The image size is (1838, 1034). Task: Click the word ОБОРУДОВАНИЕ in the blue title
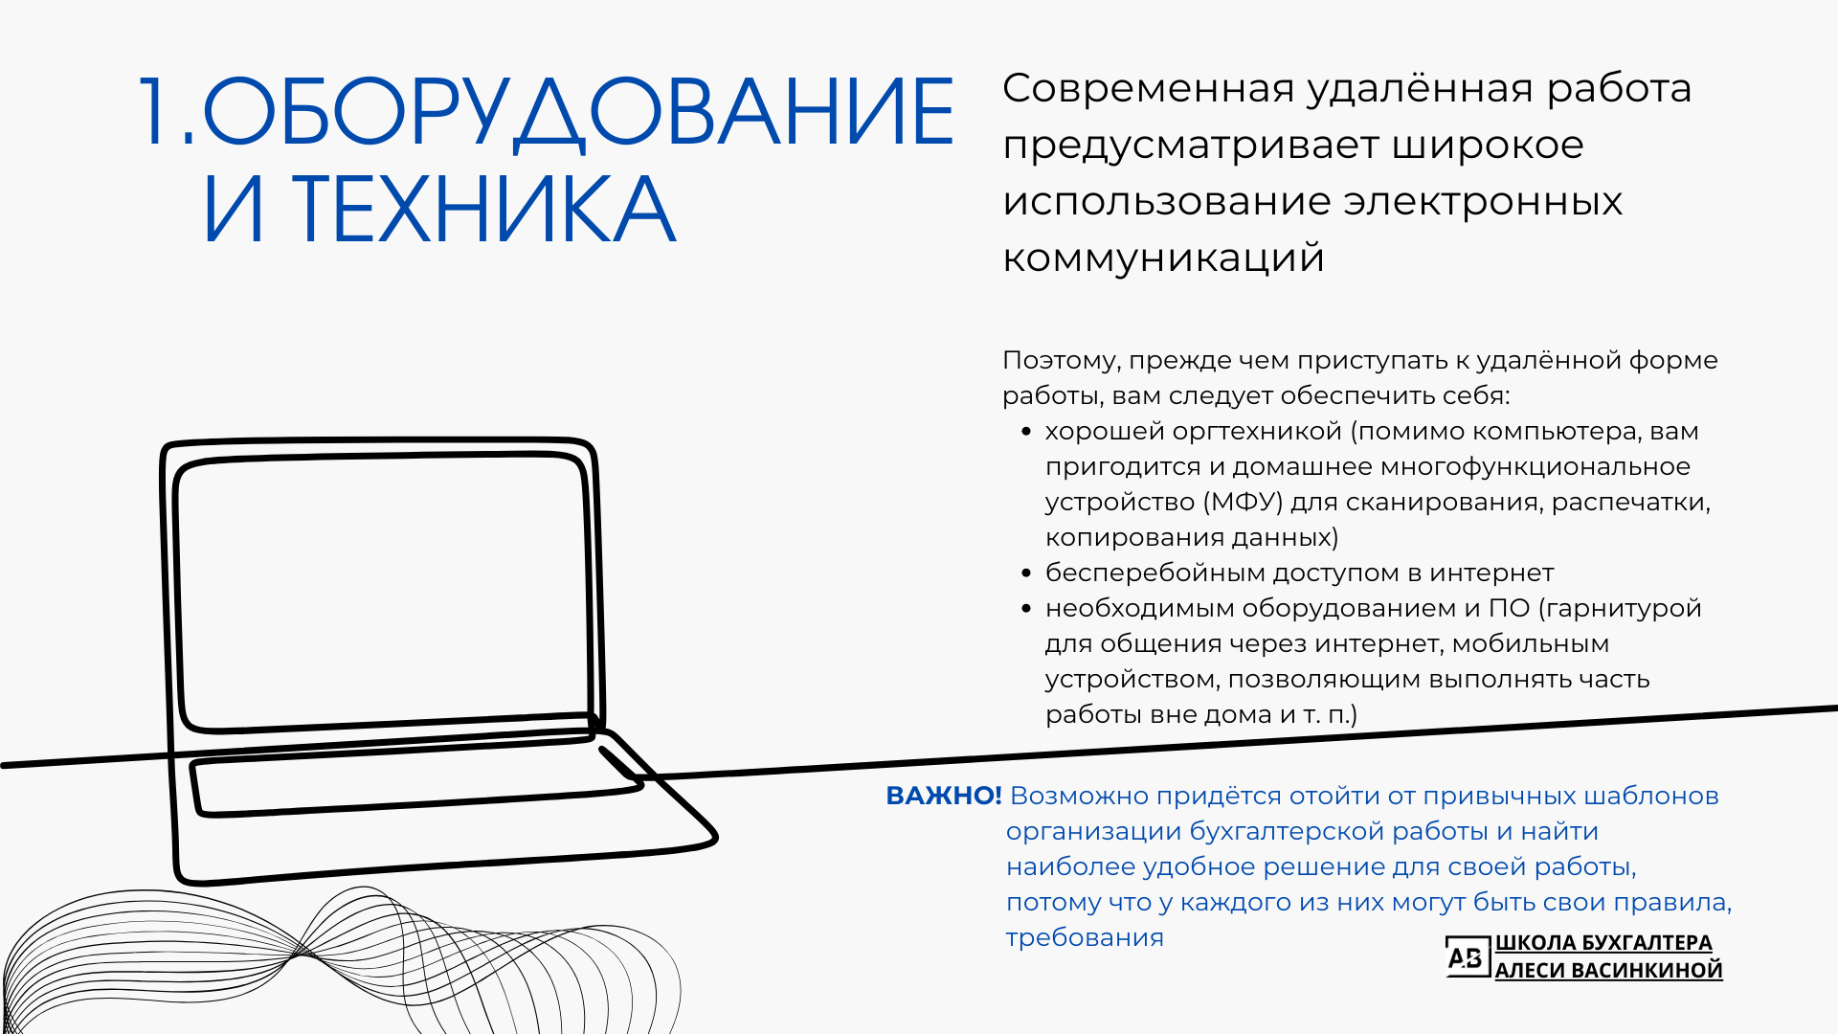click(578, 113)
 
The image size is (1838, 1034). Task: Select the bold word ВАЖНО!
click(943, 796)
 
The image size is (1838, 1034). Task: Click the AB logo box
click(1467, 956)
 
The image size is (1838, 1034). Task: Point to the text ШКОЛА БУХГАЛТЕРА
click(1603, 943)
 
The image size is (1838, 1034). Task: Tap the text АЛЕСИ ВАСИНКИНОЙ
click(1608, 971)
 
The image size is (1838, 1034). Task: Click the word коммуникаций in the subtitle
click(1163, 258)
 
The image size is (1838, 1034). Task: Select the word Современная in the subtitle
click(1148, 89)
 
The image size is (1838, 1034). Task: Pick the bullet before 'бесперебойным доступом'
click(1026, 573)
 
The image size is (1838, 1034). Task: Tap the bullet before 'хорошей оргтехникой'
click(1026, 432)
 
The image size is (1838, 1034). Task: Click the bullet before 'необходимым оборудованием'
click(1026, 609)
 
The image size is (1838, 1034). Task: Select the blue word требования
click(1085, 937)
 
